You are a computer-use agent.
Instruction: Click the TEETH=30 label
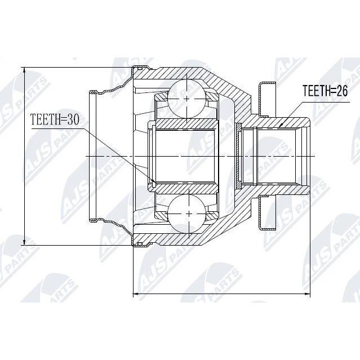pyautogui.click(x=55, y=120)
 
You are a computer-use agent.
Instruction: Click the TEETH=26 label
pyautogui.click(x=325, y=91)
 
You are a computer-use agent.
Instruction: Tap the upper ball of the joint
pyautogui.click(x=186, y=99)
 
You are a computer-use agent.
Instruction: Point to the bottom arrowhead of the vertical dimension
pyautogui.click(x=24, y=242)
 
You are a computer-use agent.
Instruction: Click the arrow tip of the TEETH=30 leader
pyautogui.click(x=154, y=183)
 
